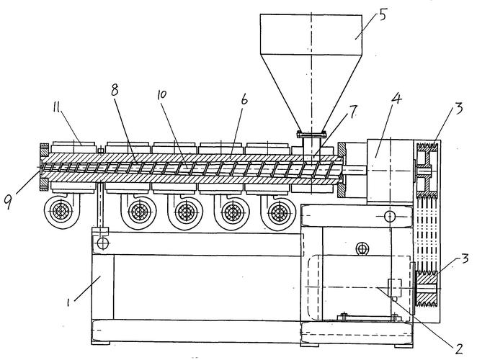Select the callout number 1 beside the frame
pyautogui.click(x=69, y=302)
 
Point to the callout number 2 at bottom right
pyautogui.click(x=458, y=348)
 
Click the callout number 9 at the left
pyautogui.click(x=9, y=202)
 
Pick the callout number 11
pyautogui.click(x=57, y=107)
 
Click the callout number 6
pyautogui.click(x=244, y=99)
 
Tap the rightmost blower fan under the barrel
pyautogui.click(x=279, y=212)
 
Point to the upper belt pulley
pyautogui.click(x=426, y=170)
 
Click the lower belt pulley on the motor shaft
pyautogui.click(x=426, y=287)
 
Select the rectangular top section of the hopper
pyautogui.click(x=311, y=35)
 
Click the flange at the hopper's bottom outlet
pyautogui.click(x=311, y=134)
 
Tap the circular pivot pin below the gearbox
pyautogui.click(x=390, y=216)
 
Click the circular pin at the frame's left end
pyautogui.click(x=103, y=243)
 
